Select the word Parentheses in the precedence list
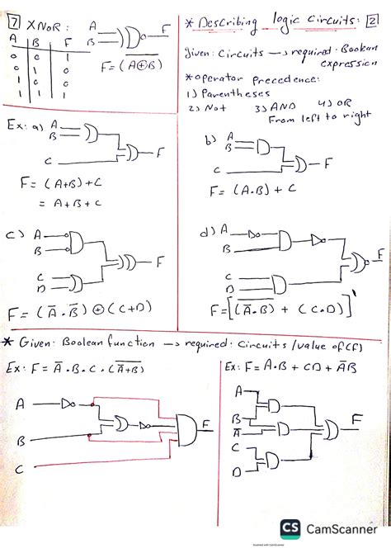(223, 94)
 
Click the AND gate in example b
(262, 145)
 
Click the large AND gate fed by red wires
(188, 429)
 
